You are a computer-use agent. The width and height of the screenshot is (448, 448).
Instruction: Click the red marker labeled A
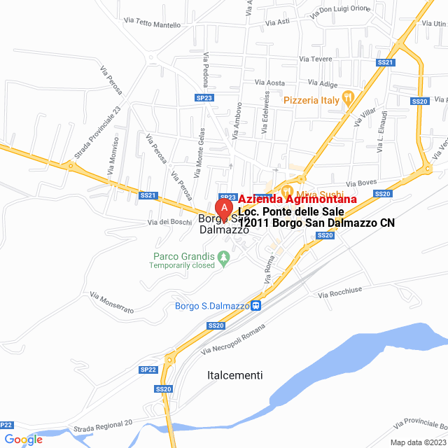tap(223, 208)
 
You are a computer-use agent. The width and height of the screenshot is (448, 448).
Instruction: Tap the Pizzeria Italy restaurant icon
tap(348, 100)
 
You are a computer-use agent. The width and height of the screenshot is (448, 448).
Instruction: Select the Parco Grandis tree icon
tap(224, 258)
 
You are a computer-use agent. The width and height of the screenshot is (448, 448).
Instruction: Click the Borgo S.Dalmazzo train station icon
tap(256, 305)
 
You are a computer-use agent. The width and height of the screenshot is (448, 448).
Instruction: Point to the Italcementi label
tap(235, 375)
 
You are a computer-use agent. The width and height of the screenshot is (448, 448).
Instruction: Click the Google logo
tap(23, 439)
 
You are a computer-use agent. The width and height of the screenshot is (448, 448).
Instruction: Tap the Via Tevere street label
tap(315, 59)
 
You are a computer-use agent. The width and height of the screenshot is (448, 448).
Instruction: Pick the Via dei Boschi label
tap(169, 223)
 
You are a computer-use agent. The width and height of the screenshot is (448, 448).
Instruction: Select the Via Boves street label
tap(361, 182)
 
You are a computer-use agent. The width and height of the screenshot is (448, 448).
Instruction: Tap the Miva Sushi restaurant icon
tap(286, 190)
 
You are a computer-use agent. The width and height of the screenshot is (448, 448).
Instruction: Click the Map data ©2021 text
tap(417, 442)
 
